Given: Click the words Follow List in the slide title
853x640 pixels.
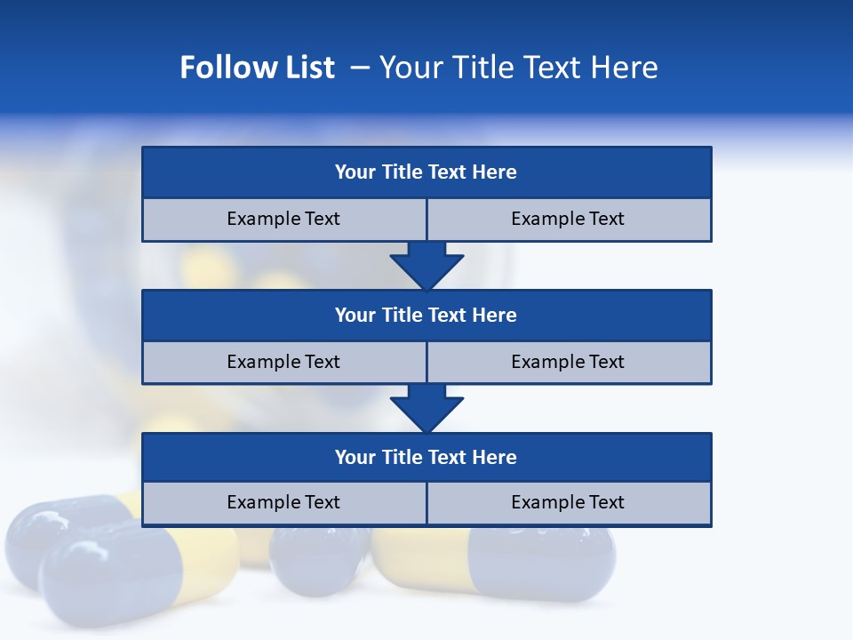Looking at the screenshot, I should [x=257, y=68].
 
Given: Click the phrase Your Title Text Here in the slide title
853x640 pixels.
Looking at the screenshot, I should [x=518, y=68].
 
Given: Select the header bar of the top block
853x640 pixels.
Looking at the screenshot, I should [x=426, y=172].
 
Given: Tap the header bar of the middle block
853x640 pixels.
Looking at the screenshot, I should [x=426, y=316].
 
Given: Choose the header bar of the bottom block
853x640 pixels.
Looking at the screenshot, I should [x=426, y=458].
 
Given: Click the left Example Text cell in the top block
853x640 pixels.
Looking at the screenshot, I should [x=284, y=220].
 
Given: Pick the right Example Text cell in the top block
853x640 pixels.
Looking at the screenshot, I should [x=569, y=220].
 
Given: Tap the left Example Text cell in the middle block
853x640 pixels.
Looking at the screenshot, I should [x=284, y=363].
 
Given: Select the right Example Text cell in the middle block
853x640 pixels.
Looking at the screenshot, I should [x=569, y=363].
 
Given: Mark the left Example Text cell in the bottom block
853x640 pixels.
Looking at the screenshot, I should [x=284, y=503].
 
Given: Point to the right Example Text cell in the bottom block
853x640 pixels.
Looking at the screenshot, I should [x=569, y=503].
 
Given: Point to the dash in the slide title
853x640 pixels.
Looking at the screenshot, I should [x=360, y=68].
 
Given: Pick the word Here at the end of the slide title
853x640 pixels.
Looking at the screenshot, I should [x=627, y=68].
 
